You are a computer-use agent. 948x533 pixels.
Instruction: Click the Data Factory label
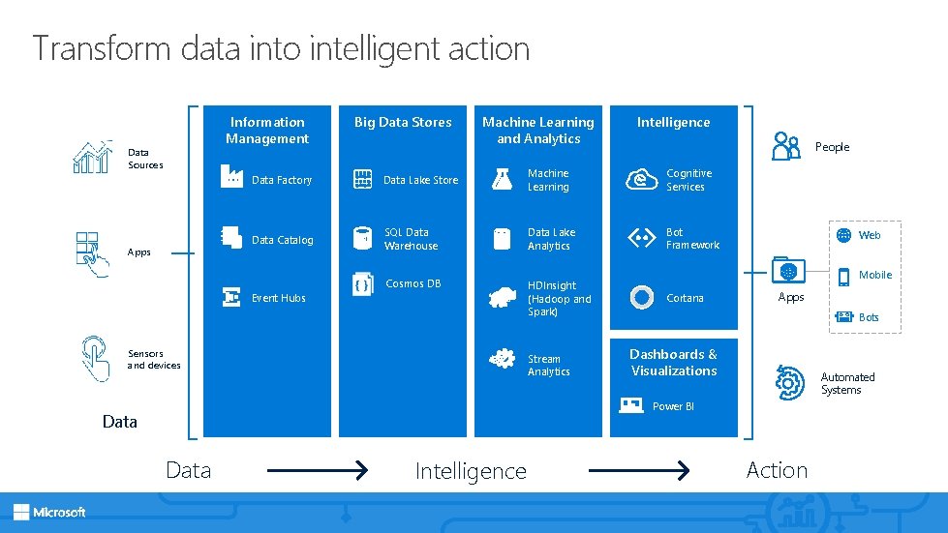pos(281,180)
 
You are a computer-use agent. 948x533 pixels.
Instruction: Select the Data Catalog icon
pos(230,238)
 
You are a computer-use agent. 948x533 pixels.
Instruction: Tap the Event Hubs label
pos(278,298)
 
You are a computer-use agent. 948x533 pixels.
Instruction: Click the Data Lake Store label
pos(420,180)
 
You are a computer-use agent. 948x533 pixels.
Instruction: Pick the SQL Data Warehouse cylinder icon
pos(363,238)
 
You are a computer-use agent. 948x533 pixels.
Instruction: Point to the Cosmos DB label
pos(413,283)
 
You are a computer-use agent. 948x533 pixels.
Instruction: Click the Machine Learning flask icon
pos(502,179)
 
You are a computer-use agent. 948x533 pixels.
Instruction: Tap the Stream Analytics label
pos(548,365)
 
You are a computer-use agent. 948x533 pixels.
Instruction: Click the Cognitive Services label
pos(688,180)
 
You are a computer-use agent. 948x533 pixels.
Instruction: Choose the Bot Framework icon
pos(642,238)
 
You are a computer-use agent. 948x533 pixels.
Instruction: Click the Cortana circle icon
pos(641,297)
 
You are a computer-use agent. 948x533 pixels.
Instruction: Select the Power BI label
pos(673,406)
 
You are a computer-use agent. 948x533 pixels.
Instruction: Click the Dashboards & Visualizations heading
pos(673,362)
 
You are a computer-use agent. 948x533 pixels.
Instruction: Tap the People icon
pos(786,146)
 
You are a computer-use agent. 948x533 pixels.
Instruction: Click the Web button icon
pos(843,235)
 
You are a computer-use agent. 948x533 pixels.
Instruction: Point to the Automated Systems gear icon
pos(790,383)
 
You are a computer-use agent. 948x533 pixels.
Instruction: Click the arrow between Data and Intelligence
pos(317,471)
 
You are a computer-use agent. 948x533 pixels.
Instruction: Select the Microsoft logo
pos(49,512)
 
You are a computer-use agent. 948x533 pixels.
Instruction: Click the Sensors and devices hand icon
pos(94,358)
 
